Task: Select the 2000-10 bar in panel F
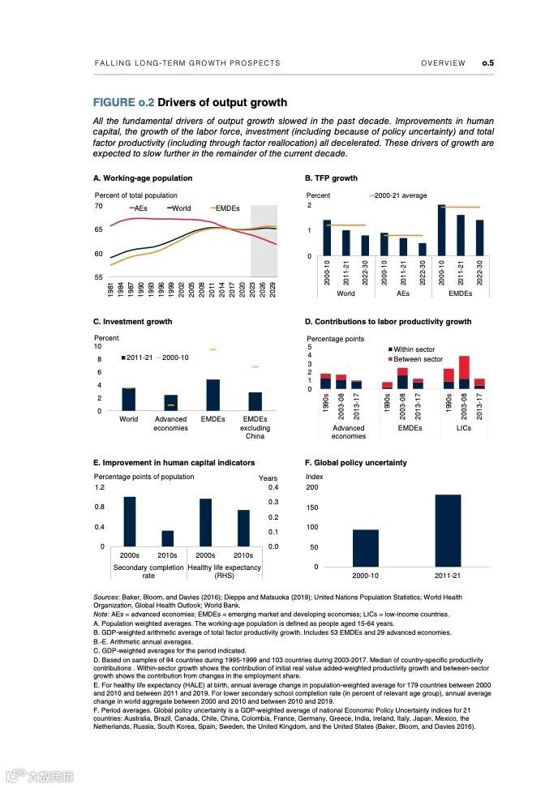[365, 548]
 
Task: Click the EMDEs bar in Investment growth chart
[212, 395]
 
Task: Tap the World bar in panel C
[128, 399]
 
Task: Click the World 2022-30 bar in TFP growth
[365, 246]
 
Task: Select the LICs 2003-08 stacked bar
[464, 372]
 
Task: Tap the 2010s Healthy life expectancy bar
[243, 528]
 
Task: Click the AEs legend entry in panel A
[140, 208]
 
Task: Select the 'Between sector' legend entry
[418, 358]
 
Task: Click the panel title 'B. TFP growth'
[331, 178]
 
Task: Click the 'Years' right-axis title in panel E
[268, 478]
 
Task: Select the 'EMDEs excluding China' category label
[255, 428]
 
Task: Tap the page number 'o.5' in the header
[487, 62]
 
